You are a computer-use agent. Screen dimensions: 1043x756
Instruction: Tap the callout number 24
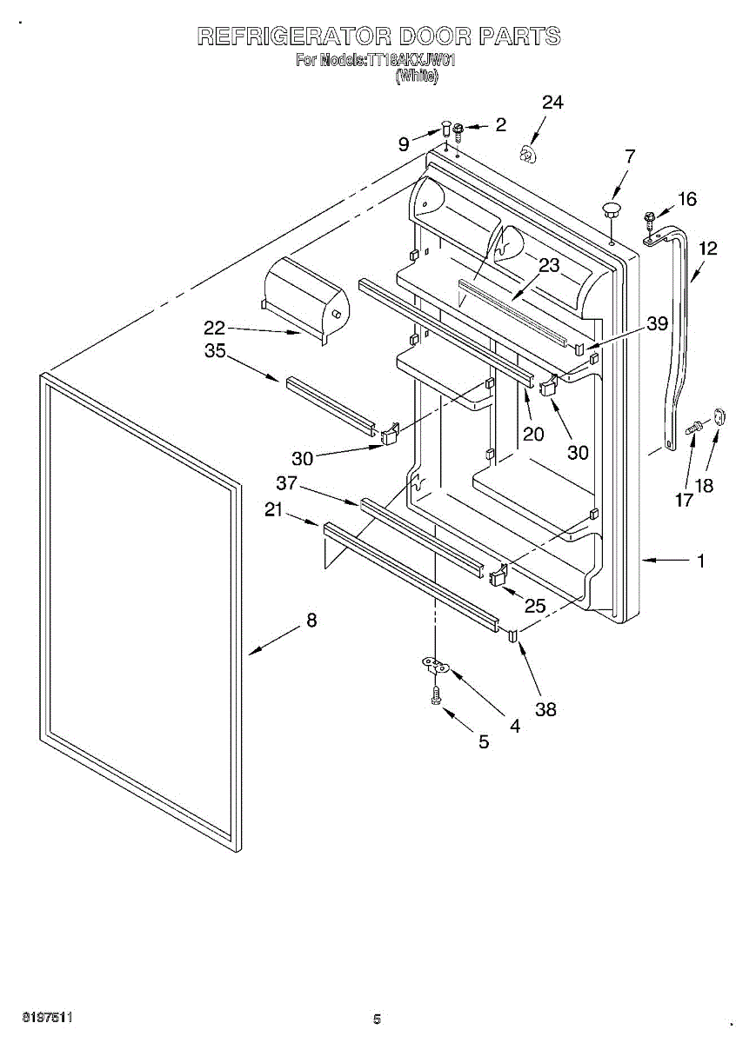point(552,103)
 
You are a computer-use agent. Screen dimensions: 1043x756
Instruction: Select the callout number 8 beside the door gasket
point(311,621)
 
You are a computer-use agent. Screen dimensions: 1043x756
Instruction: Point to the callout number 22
point(214,328)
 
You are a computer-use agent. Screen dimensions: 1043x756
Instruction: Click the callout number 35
point(214,351)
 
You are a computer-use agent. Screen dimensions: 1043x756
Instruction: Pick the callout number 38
point(545,709)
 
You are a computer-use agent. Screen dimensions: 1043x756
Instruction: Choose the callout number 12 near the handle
point(707,249)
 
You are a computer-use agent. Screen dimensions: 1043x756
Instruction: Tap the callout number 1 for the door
point(701,561)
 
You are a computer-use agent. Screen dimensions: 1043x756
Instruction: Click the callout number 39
point(657,323)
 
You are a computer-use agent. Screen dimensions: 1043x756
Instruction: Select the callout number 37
point(287,483)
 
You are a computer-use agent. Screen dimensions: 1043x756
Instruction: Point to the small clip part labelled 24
point(527,155)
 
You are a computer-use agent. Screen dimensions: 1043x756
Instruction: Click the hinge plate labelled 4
point(436,667)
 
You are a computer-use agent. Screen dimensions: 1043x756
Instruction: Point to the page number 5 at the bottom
point(377,1020)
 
